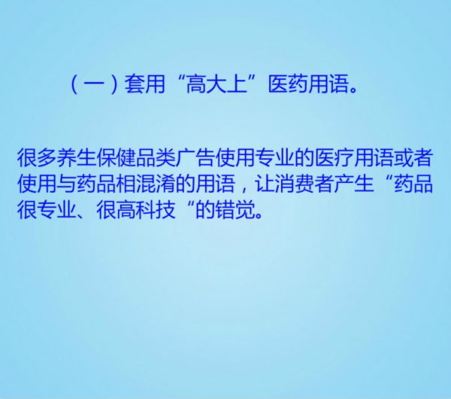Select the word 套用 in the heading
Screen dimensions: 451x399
(144, 84)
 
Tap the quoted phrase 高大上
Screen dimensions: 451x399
(216, 84)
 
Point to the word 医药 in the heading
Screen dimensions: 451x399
(288, 84)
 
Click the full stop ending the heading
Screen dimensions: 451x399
(353, 90)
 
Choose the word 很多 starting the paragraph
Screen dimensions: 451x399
(37, 158)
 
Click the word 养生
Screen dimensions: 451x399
(77, 158)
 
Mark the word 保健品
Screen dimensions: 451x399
(126, 158)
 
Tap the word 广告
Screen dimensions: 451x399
(195, 158)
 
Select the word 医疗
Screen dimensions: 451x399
(334, 158)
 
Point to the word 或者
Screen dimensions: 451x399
(413, 158)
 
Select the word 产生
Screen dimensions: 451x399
(354, 184)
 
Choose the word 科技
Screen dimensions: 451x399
(156, 209)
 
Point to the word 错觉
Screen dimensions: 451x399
(235, 209)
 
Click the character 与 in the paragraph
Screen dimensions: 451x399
(67, 184)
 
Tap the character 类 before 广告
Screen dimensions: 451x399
(165, 158)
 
